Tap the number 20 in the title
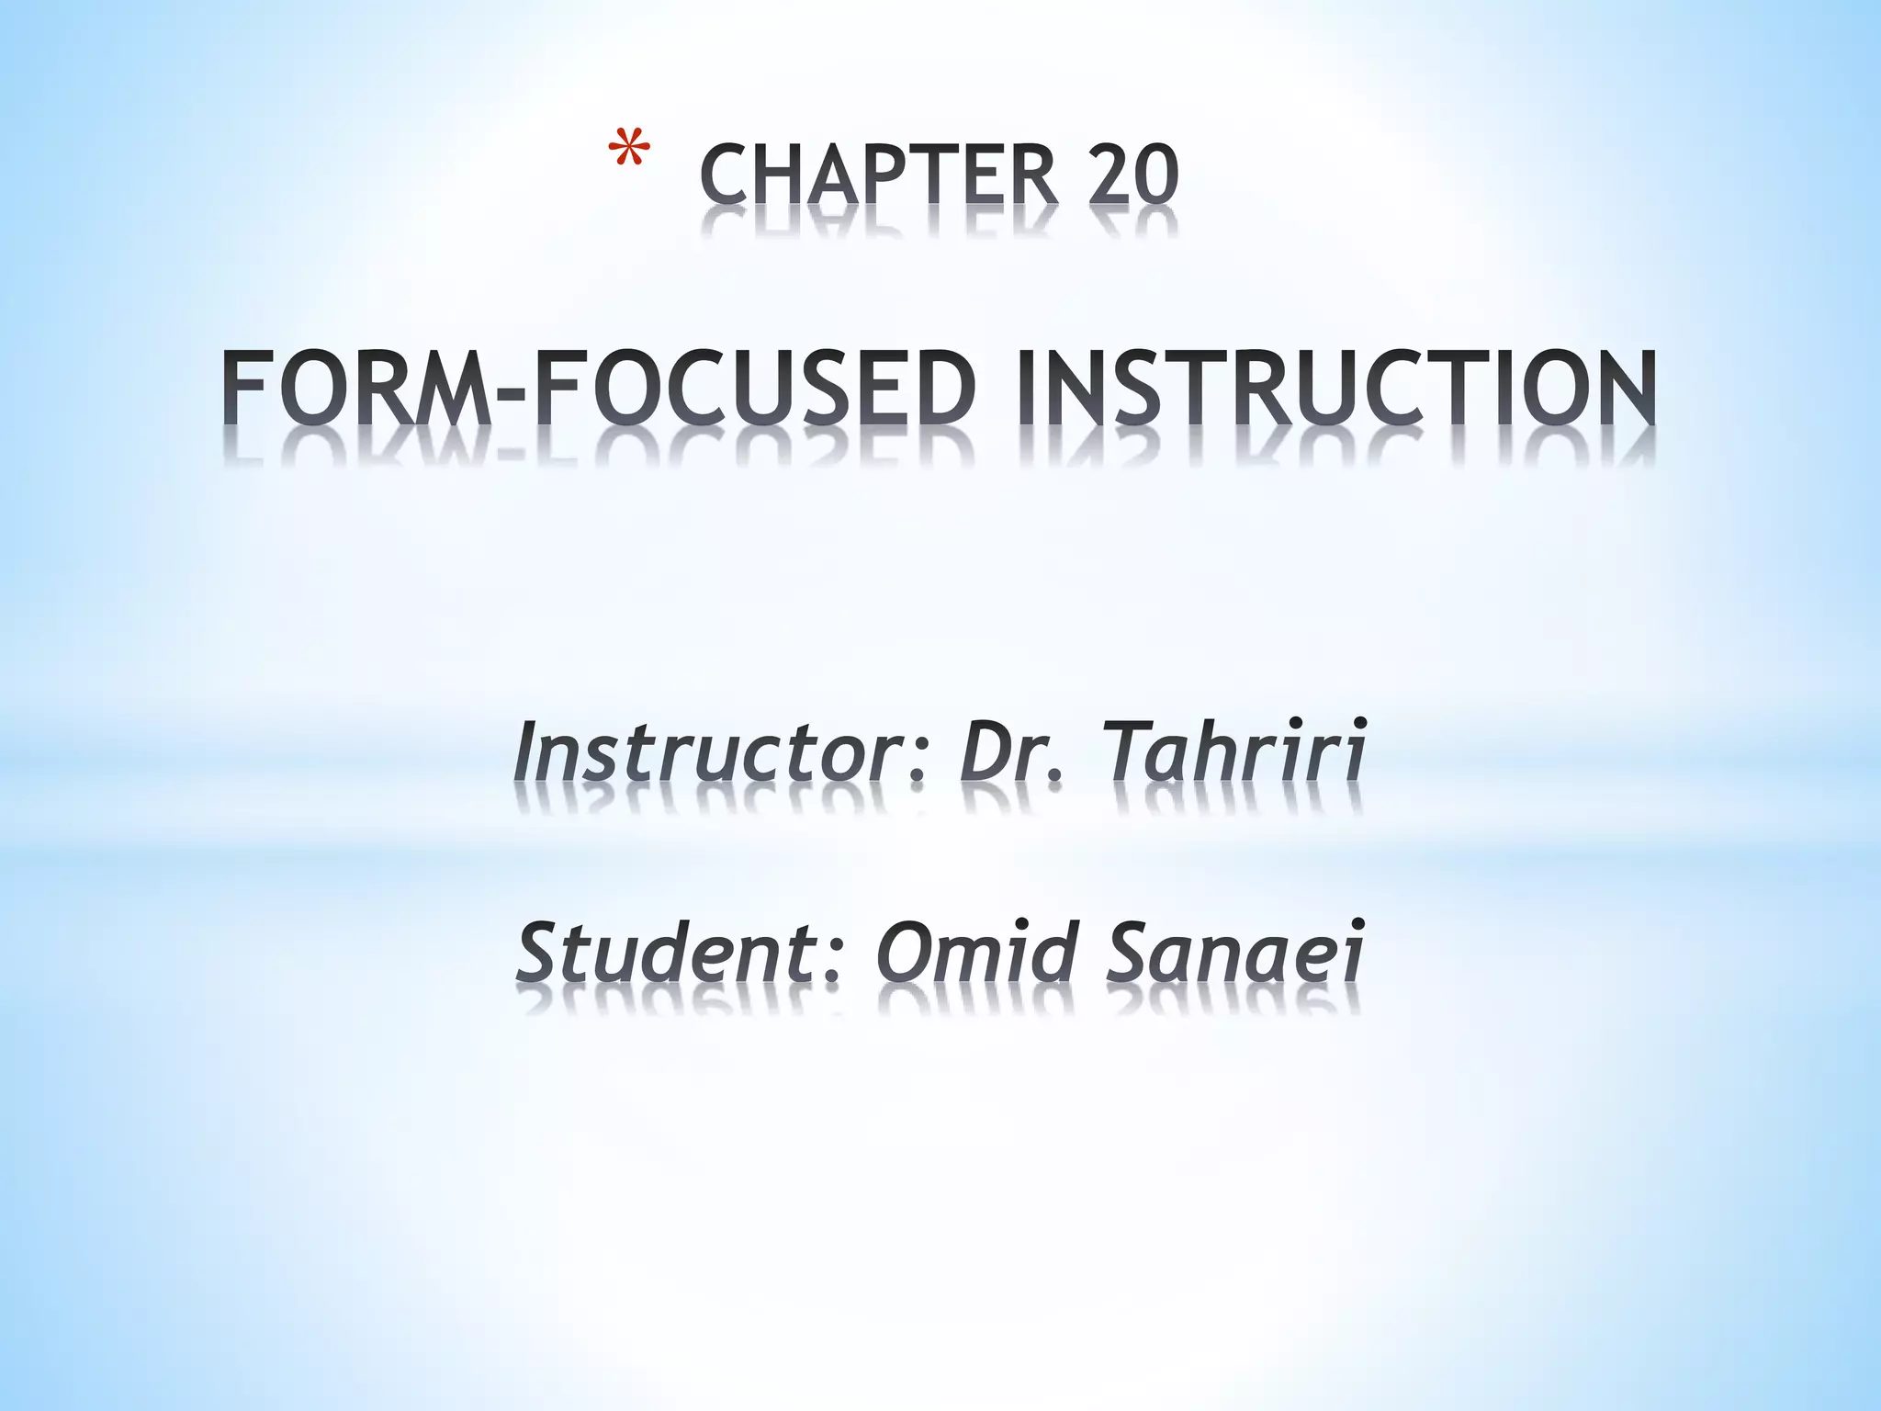(1132, 175)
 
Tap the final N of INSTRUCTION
(1620, 386)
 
